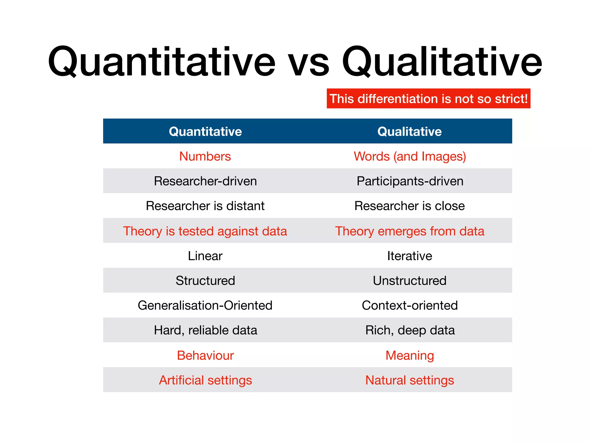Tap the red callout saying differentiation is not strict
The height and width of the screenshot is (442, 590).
(x=428, y=99)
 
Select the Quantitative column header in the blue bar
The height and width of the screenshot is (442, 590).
(x=205, y=132)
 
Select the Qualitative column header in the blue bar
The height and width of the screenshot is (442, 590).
(x=409, y=132)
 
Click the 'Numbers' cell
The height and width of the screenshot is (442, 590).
(x=205, y=156)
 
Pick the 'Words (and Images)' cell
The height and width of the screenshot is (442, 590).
(x=410, y=156)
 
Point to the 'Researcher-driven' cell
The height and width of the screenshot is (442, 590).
(x=205, y=181)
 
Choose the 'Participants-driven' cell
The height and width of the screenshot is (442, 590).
(x=410, y=181)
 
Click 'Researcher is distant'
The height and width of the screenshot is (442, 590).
(x=205, y=206)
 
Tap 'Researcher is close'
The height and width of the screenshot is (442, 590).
(x=409, y=206)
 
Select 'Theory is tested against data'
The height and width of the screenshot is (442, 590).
(x=205, y=231)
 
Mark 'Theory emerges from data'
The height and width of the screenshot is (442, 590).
(x=409, y=231)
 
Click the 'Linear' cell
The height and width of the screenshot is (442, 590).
(x=205, y=256)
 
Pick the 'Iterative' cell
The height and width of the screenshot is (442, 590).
(x=409, y=256)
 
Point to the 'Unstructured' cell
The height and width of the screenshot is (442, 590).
(x=409, y=281)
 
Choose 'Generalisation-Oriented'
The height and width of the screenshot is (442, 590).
(x=205, y=305)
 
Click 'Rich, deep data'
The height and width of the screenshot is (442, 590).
(x=410, y=330)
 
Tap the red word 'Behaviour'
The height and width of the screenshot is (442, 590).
(x=205, y=355)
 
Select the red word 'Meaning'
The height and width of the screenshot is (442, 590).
(x=409, y=355)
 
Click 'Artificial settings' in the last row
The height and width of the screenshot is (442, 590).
(x=205, y=380)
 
